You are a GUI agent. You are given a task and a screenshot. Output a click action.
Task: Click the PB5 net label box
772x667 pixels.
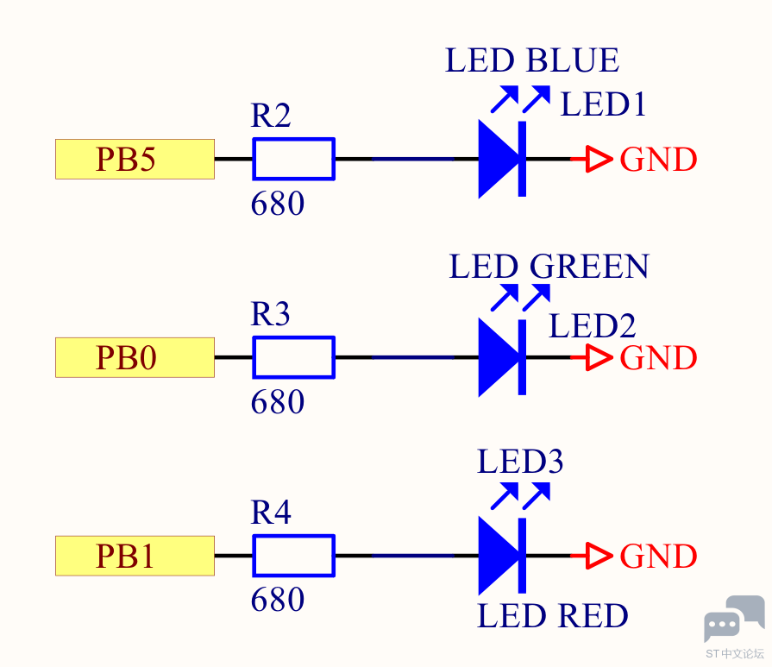135,159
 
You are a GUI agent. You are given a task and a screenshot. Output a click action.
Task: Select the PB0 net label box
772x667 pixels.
135,357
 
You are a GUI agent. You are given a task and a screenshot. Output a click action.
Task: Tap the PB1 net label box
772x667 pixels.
135,556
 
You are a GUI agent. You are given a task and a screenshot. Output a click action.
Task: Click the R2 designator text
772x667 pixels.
271,116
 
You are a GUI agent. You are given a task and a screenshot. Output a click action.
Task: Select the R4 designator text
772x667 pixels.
271,513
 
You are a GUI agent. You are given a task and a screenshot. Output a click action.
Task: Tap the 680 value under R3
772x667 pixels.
278,402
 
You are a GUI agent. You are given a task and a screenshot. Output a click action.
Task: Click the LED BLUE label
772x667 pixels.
532,60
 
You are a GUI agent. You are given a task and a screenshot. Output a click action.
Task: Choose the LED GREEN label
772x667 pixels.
549,267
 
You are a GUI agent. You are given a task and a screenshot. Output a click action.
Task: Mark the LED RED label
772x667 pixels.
553,616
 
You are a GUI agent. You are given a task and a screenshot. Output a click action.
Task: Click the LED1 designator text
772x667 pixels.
603,104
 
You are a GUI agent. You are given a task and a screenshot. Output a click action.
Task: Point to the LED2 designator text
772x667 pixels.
593,325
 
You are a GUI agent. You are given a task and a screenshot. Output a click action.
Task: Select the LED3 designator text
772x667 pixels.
520,462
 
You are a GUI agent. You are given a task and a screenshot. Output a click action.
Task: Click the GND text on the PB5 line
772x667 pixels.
658,160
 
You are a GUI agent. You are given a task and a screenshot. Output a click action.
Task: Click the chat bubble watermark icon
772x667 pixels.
734,618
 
